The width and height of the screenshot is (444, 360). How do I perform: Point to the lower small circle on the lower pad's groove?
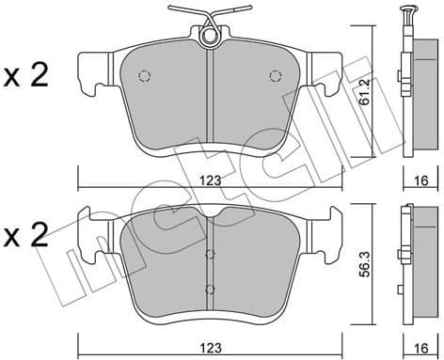(210, 288)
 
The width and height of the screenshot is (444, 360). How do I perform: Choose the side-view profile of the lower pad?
(412, 273)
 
